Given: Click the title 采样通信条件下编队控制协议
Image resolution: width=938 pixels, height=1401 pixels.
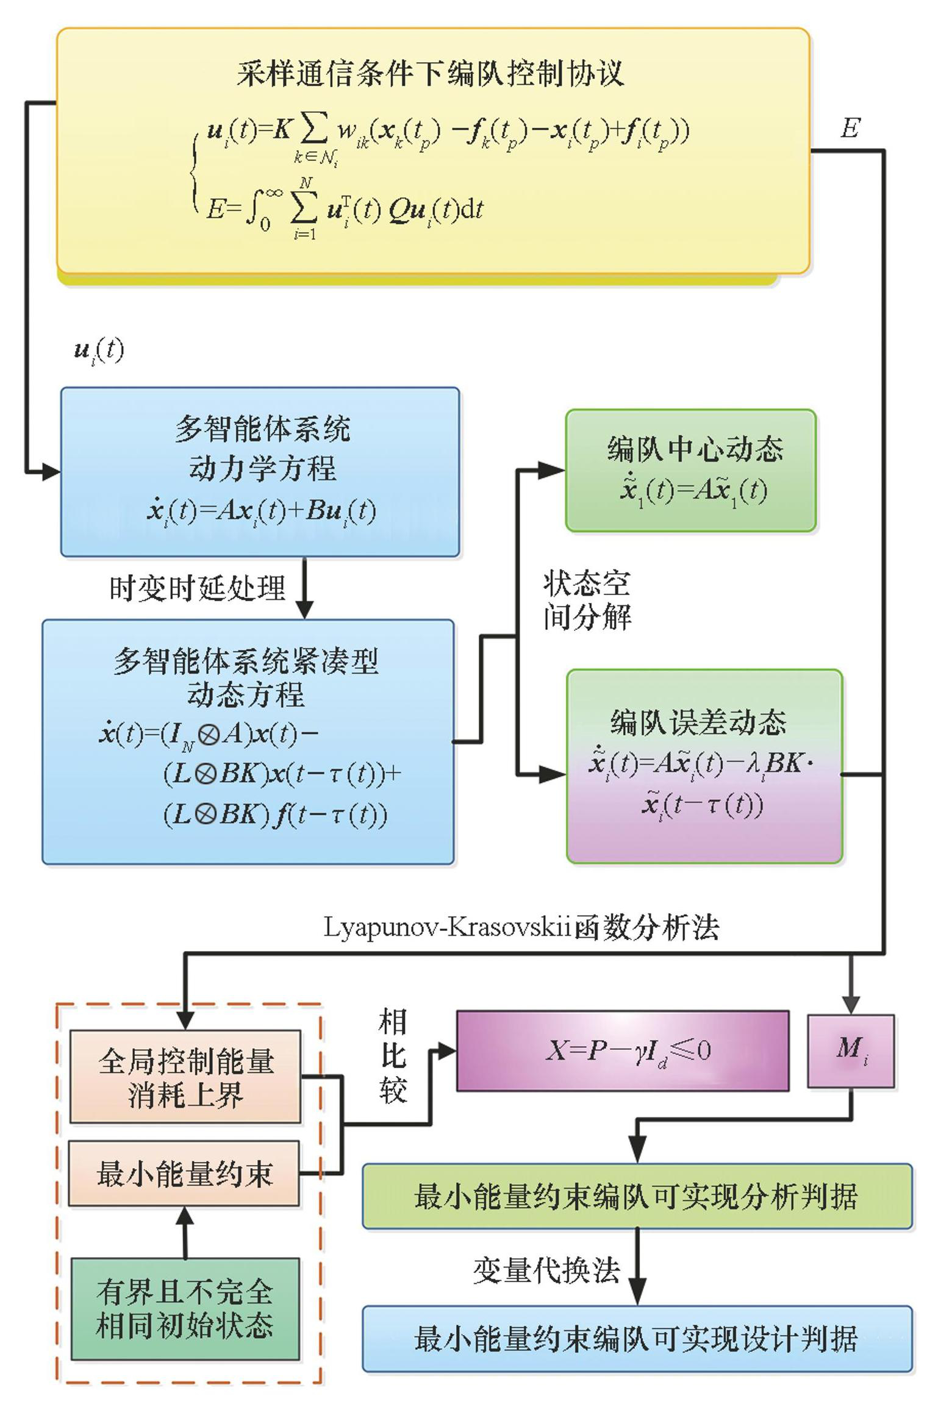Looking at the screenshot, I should point(431,74).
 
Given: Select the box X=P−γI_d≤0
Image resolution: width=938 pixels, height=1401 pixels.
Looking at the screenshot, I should point(623,1050).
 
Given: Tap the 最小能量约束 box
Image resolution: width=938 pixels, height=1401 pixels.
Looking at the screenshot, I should point(184,1173).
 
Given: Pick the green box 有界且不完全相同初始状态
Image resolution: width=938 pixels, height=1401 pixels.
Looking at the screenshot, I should point(185,1308).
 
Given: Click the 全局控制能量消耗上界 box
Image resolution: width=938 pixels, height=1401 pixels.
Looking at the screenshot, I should point(185,1077).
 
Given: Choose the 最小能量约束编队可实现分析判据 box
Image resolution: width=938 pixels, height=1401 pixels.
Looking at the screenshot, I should point(637,1196).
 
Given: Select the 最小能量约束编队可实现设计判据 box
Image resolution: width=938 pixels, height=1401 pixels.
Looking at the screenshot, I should point(637,1338).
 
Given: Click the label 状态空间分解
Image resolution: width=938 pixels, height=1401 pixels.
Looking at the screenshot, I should point(587,601).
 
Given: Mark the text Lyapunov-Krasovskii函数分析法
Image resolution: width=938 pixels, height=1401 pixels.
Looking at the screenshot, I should point(521,927).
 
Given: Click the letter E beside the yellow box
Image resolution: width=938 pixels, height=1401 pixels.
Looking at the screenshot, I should point(850,129).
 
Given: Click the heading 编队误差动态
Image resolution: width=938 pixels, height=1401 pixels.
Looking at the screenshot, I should point(699,722).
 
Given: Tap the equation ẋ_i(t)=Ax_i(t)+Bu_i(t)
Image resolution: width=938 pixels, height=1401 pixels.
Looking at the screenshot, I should point(261,511).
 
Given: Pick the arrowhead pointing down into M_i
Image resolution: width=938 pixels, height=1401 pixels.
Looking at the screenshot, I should point(851,1004).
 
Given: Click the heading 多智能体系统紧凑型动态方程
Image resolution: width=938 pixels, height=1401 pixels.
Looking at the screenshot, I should point(246,677).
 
